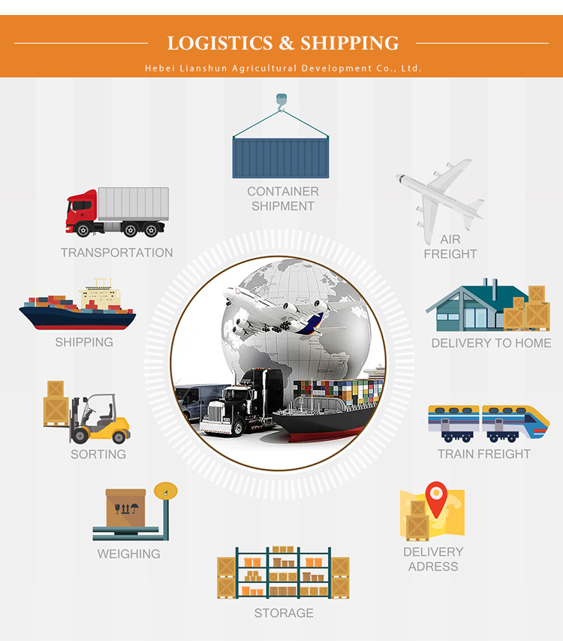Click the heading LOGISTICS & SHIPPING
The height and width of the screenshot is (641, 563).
click(x=282, y=43)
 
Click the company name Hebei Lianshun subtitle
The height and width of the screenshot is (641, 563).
click(x=283, y=68)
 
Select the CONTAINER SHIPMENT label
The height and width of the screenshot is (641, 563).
click(x=283, y=199)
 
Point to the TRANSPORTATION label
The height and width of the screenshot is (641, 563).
click(x=116, y=252)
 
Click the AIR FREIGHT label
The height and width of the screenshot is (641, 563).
click(x=450, y=246)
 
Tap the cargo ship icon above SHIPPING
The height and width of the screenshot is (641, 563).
click(x=78, y=308)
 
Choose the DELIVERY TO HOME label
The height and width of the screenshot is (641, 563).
click(x=492, y=343)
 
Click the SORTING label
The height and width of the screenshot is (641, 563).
click(x=98, y=454)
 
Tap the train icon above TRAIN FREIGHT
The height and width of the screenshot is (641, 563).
click(x=488, y=422)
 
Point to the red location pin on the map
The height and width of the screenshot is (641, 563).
click(x=435, y=497)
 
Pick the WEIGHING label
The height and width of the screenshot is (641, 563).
click(x=128, y=554)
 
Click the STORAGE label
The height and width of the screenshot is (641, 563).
click(x=283, y=613)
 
